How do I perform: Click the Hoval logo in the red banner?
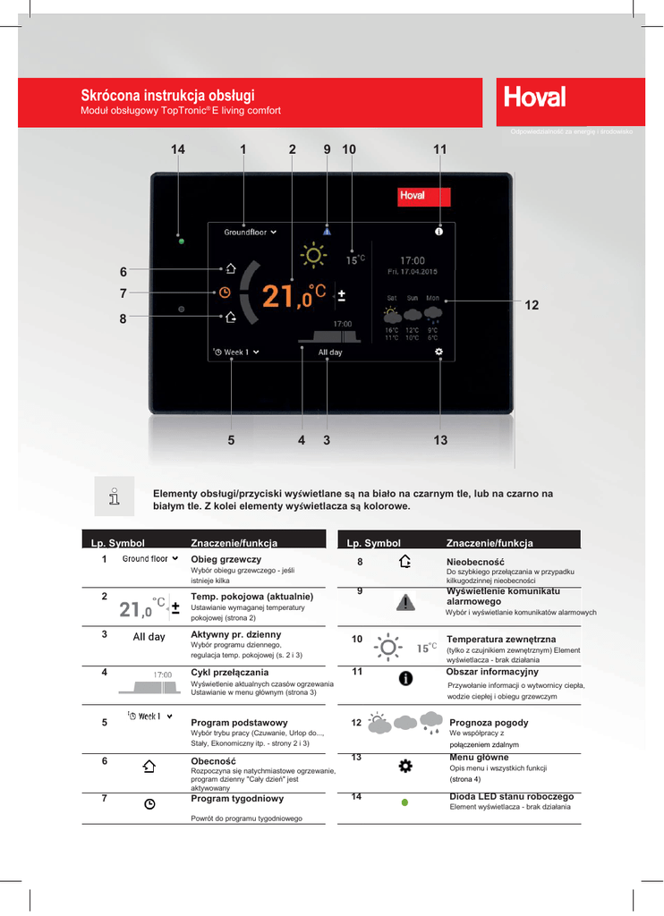point(534,96)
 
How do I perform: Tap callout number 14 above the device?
point(178,149)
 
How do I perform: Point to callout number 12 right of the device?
point(532,305)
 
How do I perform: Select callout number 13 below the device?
point(440,439)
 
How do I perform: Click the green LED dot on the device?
point(181,242)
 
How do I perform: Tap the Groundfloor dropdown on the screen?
point(250,232)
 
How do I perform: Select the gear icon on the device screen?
point(438,352)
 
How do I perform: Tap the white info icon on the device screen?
point(438,232)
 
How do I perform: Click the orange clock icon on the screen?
point(225,292)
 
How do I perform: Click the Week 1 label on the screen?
point(237,352)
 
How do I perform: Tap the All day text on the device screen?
point(330,352)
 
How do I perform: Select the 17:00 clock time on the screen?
point(412,260)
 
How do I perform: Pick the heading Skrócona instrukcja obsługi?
point(167,95)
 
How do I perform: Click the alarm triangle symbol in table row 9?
point(406,603)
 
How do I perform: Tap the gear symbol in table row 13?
point(404,766)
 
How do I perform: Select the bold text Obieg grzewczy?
point(219,559)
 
